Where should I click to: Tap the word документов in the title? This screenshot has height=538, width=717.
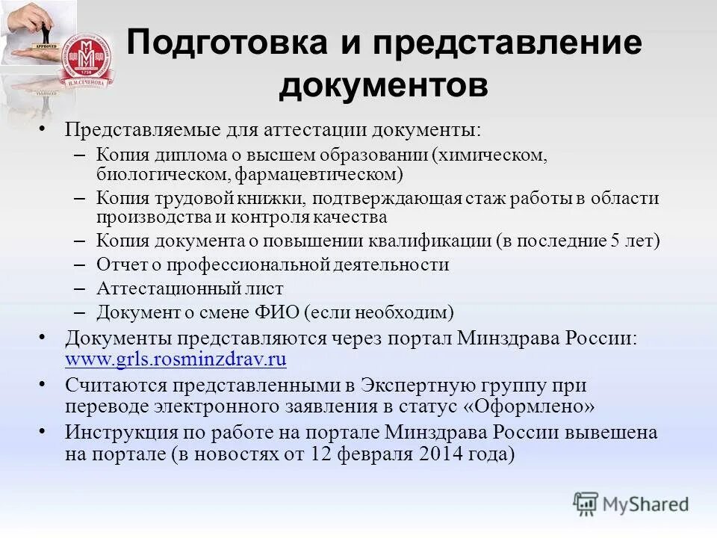384,86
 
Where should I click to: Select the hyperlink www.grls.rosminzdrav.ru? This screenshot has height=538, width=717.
176,359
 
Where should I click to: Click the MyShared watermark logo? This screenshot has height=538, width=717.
631,504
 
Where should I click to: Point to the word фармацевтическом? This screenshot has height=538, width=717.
319,174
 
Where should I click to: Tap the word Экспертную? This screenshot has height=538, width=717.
415,386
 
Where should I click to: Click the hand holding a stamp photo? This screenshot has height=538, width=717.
37,34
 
